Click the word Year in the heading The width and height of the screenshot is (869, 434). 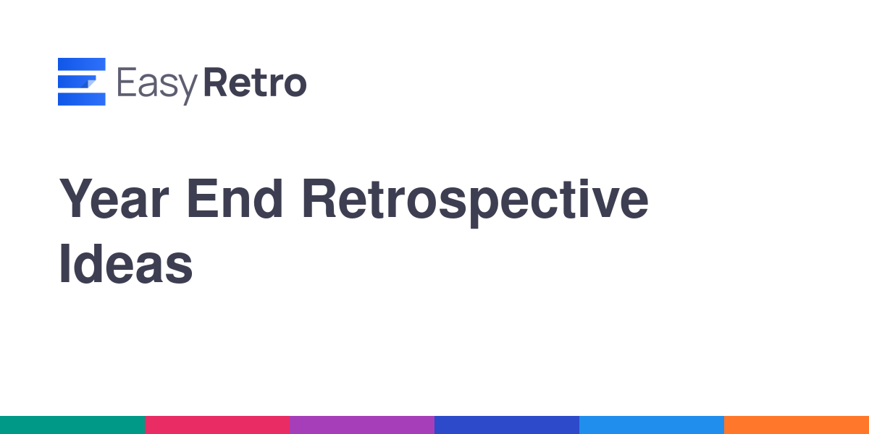tap(114, 198)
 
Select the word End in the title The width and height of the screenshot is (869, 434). tap(235, 198)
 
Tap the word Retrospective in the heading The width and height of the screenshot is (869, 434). tap(475, 203)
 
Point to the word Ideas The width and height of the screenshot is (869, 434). tap(126, 264)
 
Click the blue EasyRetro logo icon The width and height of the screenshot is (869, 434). tap(81, 81)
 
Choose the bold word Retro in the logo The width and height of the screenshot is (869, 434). tap(255, 82)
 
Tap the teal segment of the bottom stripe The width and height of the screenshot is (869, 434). tap(72, 425)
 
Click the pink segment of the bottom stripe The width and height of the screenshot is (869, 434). tap(217, 425)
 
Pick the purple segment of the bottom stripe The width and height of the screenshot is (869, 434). tap(362, 425)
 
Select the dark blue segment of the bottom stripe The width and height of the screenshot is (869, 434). tap(507, 425)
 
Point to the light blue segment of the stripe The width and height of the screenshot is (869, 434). tap(652, 425)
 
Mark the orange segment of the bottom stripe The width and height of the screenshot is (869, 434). tap(797, 425)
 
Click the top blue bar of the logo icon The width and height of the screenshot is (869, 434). tap(81, 64)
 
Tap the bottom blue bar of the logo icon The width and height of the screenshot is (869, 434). tap(81, 99)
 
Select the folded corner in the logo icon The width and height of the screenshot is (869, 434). tap(91, 83)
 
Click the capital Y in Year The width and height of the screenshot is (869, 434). tap(75, 198)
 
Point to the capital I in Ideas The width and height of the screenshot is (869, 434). tap(64, 263)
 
